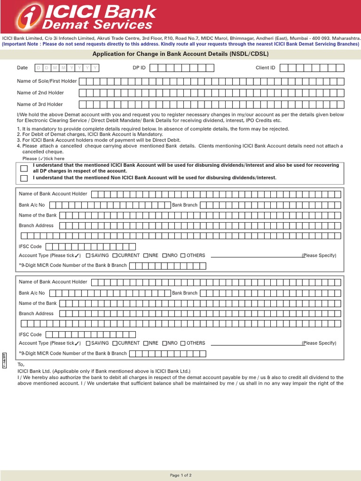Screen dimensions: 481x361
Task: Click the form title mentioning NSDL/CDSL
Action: (x=180, y=54)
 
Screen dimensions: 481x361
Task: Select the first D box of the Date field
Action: (x=39, y=68)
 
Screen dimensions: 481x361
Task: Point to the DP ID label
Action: (x=139, y=68)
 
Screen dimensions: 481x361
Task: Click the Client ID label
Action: (x=265, y=68)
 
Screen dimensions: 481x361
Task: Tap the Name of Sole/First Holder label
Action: (x=47, y=81)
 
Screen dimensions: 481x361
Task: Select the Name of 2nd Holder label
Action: (x=40, y=93)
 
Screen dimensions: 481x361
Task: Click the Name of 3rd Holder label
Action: (x=40, y=104)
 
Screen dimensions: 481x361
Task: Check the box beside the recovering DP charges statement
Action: (x=24, y=169)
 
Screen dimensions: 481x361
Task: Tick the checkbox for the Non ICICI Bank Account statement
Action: (x=24, y=178)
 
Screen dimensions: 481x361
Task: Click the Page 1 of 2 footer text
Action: (x=180, y=475)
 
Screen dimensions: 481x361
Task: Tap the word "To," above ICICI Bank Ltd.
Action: (x=21, y=365)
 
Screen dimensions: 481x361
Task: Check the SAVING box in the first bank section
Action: (x=88, y=256)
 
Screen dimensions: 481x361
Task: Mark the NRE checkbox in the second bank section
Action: (x=146, y=343)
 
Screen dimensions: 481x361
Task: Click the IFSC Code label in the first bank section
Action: (x=30, y=247)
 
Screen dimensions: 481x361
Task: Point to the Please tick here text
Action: (x=47, y=159)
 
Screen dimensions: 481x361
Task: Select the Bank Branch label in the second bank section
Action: (x=185, y=293)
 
